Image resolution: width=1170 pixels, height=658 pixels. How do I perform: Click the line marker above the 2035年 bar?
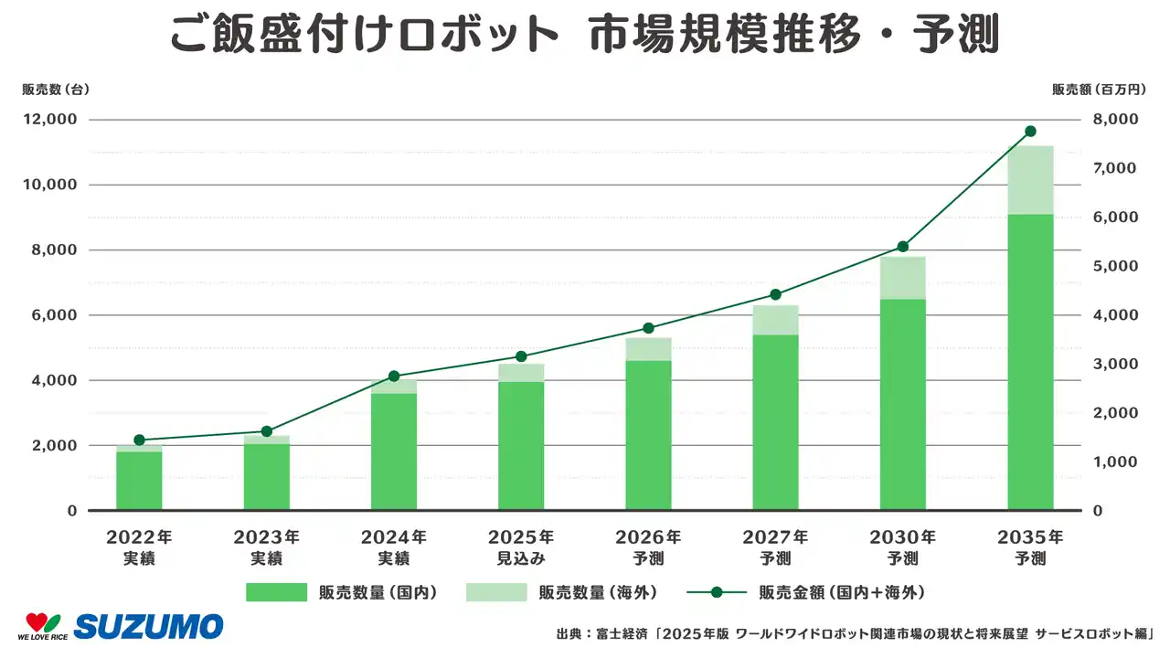(1030, 132)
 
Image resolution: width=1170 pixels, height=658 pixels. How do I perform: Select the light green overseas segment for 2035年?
(1030, 180)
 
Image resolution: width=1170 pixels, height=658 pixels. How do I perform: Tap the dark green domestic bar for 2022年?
(139, 481)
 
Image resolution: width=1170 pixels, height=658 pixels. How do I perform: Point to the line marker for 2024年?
(394, 377)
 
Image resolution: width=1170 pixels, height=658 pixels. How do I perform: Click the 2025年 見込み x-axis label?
(521, 547)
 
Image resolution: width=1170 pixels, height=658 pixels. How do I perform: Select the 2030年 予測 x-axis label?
(903, 547)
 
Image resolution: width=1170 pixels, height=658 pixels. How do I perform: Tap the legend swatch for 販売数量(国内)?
(276, 592)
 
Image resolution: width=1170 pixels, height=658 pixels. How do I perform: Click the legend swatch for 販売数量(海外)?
(496, 592)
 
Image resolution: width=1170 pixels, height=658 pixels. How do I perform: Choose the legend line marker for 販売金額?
(717, 592)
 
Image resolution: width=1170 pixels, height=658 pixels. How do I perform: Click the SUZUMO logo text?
(148, 627)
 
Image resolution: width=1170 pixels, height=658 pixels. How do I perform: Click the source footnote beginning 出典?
(854, 633)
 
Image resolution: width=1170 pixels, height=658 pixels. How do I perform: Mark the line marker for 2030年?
(902, 247)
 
